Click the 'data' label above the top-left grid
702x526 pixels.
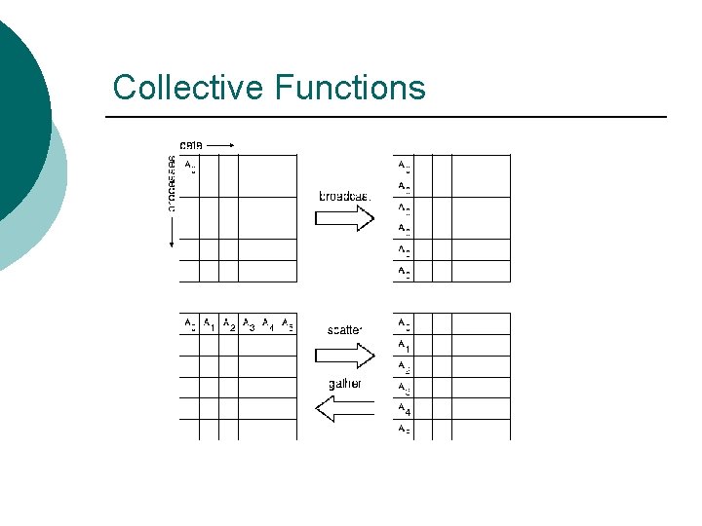(x=191, y=146)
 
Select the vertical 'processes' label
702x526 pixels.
(x=172, y=183)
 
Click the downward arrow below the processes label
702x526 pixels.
(x=172, y=235)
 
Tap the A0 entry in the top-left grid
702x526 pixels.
(x=190, y=167)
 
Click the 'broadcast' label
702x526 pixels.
(x=345, y=196)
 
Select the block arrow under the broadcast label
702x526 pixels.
(x=345, y=218)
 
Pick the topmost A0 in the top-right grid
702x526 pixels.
(x=404, y=167)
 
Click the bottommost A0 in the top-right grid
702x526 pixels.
(x=404, y=273)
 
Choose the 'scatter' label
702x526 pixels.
(x=345, y=330)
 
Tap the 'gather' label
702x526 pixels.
(x=345, y=384)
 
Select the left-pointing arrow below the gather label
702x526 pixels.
(x=345, y=408)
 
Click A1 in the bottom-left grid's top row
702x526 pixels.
(x=210, y=325)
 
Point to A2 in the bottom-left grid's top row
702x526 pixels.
(x=228, y=325)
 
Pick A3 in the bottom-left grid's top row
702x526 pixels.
(x=249, y=325)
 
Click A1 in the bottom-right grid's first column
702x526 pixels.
(x=404, y=347)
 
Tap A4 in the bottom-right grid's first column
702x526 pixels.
(x=404, y=410)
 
